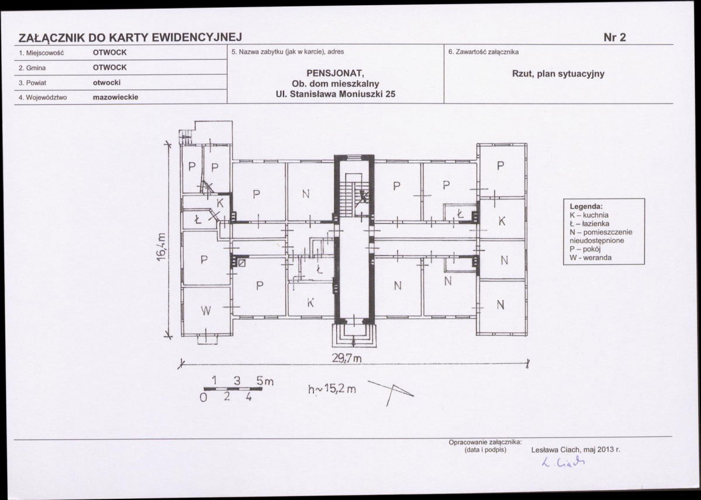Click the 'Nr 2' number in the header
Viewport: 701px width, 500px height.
point(614,37)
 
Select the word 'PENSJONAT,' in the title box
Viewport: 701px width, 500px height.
point(336,73)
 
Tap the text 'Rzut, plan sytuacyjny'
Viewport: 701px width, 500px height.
point(558,74)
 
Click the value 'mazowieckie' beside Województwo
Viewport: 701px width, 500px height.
point(115,97)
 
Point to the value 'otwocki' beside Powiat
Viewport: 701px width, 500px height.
point(106,82)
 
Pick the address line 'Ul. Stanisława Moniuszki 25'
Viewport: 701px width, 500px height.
point(336,94)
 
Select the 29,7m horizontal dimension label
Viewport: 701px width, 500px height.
point(347,358)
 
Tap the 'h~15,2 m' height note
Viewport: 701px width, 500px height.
point(331,389)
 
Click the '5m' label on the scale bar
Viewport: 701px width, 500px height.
point(265,381)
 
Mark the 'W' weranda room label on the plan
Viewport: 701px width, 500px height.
point(205,311)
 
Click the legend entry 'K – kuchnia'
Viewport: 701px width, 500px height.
point(589,215)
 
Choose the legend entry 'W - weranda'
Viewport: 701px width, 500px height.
point(590,258)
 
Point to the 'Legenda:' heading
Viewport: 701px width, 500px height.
point(586,206)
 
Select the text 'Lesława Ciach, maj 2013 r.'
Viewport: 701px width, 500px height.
point(575,450)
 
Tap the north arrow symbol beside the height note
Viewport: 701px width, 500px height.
point(391,392)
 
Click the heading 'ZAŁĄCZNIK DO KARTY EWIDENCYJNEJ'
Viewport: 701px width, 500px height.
point(130,37)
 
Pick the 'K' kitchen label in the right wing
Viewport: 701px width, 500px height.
point(502,221)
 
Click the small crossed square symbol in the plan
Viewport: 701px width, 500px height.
point(241,263)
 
